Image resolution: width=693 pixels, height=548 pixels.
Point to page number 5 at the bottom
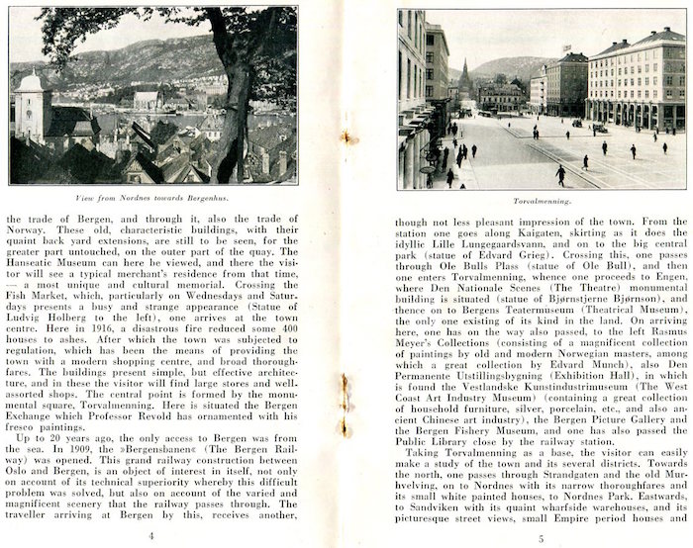pos(541,538)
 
